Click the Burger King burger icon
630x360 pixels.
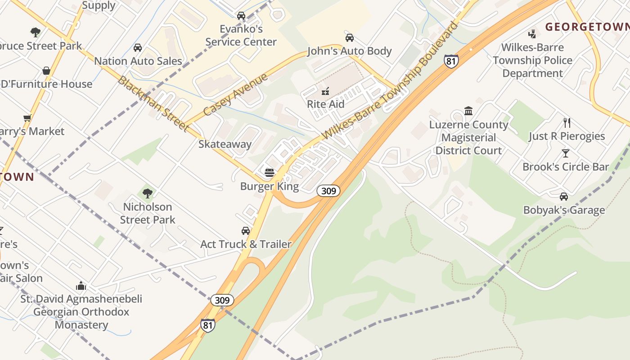(x=270, y=172)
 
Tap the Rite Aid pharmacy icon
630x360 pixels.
(x=325, y=91)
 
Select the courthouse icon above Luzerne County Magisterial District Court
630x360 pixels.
(x=468, y=111)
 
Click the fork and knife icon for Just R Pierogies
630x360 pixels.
(x=567, y=122)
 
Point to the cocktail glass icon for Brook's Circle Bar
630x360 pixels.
(x=566, y=153)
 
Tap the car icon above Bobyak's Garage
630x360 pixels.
(x=564, y=197)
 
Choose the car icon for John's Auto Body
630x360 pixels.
(x=349, y=38)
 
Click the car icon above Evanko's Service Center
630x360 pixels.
(x=241, y=16)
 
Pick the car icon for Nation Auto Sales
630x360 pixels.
(x=138, y=48)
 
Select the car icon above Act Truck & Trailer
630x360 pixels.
(x=246, y=231)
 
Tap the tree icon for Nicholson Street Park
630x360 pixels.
(x=147, y=193)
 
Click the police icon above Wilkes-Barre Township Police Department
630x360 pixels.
(x=532, y=34)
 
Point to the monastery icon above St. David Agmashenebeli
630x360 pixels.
(x=81, y=286)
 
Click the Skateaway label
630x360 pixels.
(x=225, y=144)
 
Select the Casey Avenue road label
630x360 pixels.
(x=235, y=94)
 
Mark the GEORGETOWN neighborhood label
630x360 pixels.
(x=587, y=27)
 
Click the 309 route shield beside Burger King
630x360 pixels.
(x=328, y=191)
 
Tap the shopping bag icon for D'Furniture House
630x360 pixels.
(x=46, y=71)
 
